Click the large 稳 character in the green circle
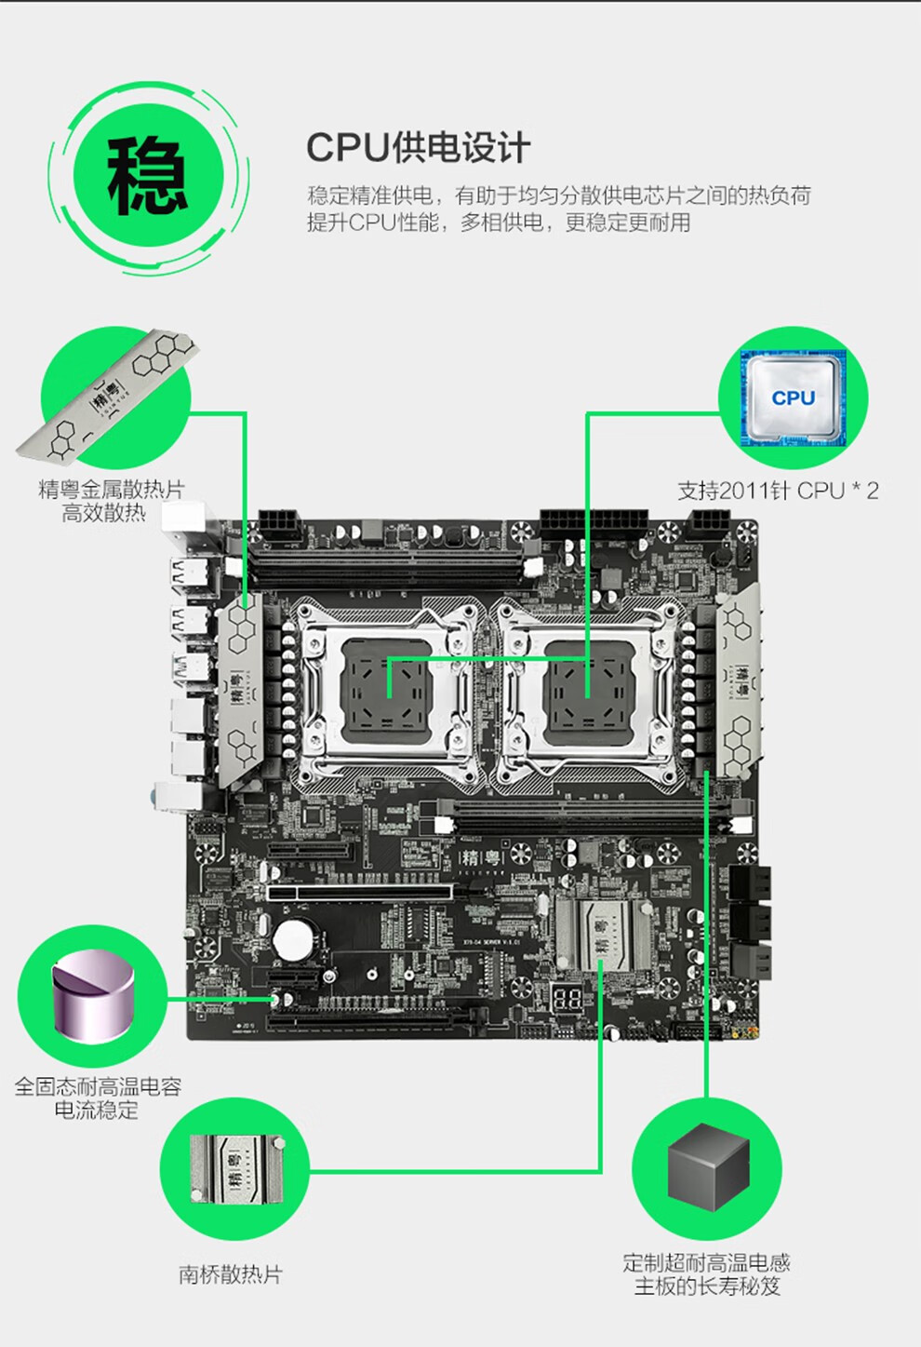147,175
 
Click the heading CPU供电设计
418,148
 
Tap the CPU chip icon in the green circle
793,397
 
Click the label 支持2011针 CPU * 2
777,491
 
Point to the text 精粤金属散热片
111,489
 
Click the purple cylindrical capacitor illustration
93,996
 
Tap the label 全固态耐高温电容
98,1085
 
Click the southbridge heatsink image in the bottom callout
234,1169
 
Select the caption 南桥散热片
230,1274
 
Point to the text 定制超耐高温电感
706,1262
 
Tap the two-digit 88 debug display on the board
567,999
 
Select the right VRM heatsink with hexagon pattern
739,680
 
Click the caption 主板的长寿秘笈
706,1286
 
